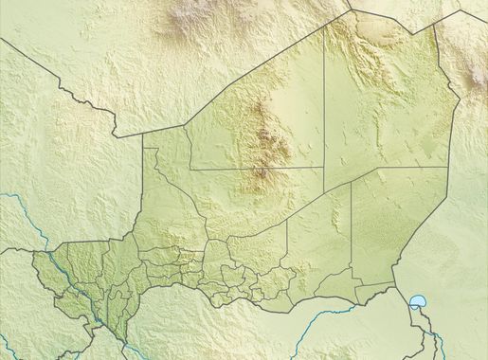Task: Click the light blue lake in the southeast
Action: click(x=417, y=303)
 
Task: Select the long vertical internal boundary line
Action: click(x=324, y=104)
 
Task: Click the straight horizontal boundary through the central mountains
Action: click(x=256, y=170)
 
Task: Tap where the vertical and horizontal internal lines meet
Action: click(x=324, y=169)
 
